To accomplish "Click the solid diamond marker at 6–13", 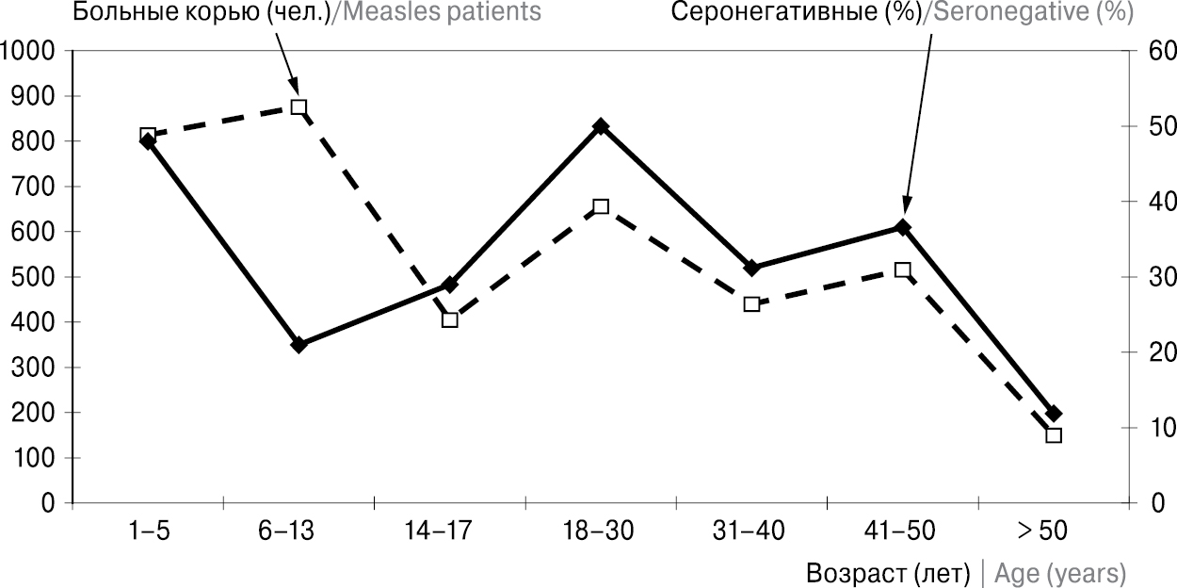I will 298,345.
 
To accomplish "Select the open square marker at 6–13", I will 298,107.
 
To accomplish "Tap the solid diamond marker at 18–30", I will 601,126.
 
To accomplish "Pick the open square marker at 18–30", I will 601,207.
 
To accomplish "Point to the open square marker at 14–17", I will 450,319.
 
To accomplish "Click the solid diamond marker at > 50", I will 1054,414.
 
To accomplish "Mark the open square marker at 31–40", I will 751,304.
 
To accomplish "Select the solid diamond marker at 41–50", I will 903,227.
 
